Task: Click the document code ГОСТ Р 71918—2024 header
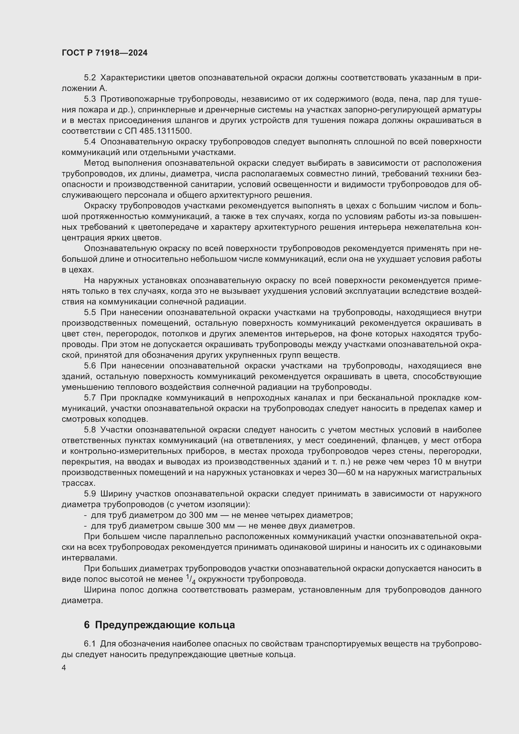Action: [x=104, y=53]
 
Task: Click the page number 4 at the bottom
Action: [x=64, y=668]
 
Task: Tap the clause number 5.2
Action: [x=90, y=78]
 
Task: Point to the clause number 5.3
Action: [x=90, y=99]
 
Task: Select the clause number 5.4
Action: [x=90, y=142]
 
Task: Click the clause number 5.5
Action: [x=90, y=312]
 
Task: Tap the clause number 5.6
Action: [x=90, y=366]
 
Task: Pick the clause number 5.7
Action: [x=90, y=398]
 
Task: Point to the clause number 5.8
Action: [x=90, y=430]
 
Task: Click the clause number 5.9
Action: [x=90, y=494]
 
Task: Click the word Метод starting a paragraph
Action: [x=97, y=163]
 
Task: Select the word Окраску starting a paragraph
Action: [x=99, y=206]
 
